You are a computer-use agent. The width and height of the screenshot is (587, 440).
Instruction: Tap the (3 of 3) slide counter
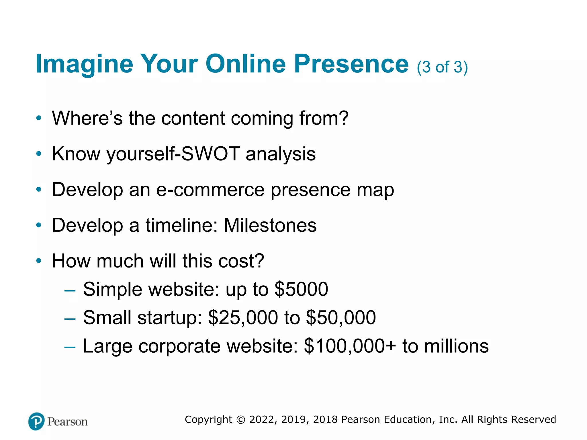click(442, 68)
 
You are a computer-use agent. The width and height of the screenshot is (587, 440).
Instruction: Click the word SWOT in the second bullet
click(211, 154)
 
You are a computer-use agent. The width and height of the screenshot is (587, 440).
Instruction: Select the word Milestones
click(270, 225)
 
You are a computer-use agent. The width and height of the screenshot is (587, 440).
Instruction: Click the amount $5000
click(301, 289)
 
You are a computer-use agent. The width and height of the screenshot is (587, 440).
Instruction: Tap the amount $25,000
click(243, 318)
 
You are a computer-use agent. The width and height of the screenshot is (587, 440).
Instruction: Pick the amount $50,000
click(341, 318)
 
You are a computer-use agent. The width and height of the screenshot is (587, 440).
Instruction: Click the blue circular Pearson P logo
click(36, 421)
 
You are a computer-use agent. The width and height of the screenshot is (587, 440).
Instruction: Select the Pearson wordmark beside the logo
click(67, 422)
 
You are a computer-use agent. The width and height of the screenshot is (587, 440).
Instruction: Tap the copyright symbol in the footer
click(241, 420)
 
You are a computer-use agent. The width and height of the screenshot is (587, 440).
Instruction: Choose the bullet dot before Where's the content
click(39, 118)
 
